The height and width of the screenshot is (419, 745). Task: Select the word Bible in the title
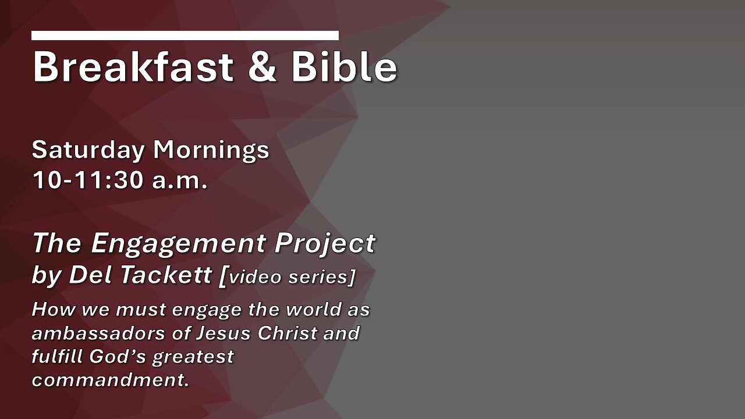[344, 66]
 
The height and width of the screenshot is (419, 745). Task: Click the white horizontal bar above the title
[185, 35]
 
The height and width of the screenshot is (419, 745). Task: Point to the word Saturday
[88, 150]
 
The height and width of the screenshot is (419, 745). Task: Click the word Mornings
[211, 150]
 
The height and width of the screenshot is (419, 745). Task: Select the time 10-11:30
[88, 180]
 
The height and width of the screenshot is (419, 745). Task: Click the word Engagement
[178, 244]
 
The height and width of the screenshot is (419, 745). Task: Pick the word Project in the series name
[325, 244]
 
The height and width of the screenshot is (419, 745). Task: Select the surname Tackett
[165, 275]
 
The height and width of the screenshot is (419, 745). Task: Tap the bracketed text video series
[288, 276]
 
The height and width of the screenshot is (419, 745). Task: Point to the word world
[313, 310]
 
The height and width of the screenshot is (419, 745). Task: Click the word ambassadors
[98, 333]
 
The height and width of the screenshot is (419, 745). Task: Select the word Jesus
[223, 333]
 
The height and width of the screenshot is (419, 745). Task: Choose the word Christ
[288, 333]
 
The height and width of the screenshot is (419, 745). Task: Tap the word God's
[118, 357]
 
